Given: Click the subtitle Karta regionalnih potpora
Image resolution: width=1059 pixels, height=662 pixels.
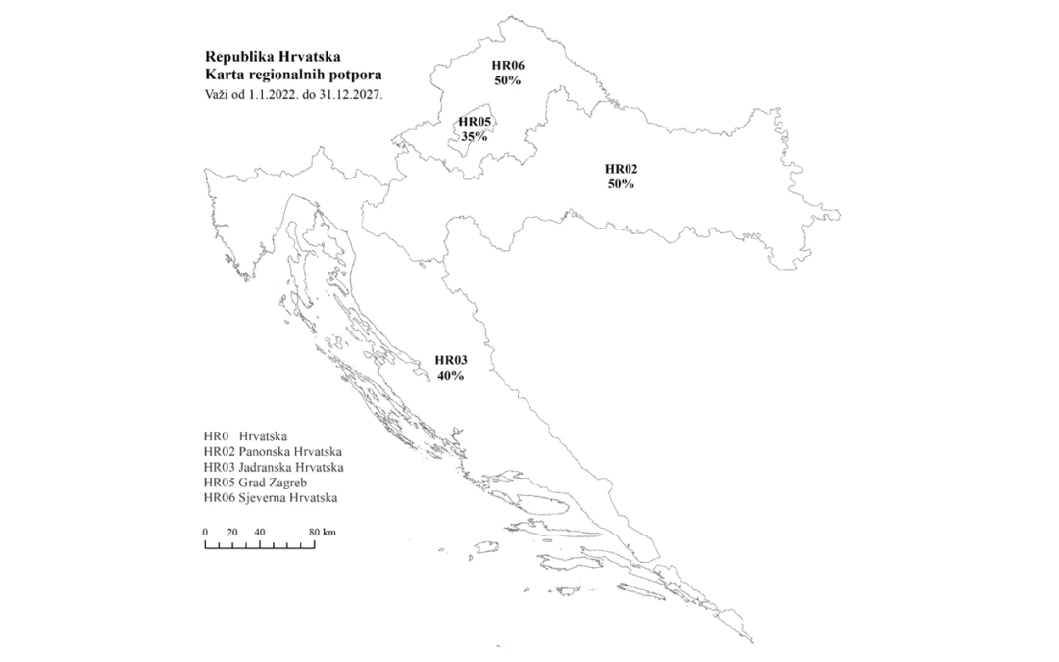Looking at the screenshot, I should [293, 76].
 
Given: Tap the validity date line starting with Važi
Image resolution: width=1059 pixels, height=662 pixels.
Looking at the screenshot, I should [293, 95].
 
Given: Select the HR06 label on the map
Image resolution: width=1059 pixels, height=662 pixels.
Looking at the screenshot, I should [508, 66].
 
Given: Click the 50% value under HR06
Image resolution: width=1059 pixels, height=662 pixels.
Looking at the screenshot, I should [508, 80].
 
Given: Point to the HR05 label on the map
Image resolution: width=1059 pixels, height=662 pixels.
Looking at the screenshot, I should [475, 123].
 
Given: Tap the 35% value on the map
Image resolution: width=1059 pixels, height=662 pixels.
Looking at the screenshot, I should [475, 137].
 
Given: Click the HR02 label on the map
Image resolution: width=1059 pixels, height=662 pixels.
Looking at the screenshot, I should [621, 169].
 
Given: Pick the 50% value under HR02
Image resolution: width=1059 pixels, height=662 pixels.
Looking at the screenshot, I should [621, 183].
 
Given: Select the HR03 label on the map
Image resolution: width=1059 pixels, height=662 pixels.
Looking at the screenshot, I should [451, 360].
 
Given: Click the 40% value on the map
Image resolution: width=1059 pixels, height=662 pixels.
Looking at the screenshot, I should [451, 375].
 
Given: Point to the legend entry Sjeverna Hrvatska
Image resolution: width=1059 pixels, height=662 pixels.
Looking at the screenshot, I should [271, 498].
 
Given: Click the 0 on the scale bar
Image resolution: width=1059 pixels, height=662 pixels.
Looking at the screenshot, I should [205, 532].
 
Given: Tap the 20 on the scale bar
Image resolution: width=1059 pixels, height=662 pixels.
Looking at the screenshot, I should [232, 532].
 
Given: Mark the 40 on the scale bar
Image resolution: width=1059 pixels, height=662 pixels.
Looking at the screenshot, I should [260, 532].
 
